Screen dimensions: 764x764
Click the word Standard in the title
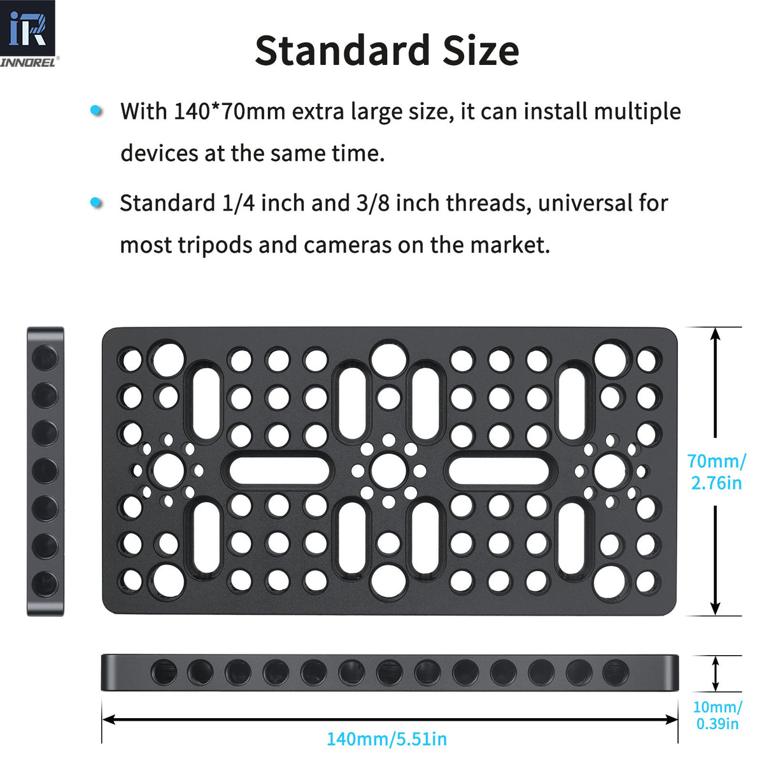(343, 51)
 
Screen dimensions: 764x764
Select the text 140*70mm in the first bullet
(230, 111)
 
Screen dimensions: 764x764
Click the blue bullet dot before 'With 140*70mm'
(96, 110)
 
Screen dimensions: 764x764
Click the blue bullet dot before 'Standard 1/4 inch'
(96, 202)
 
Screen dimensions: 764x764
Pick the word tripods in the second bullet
(215, 246)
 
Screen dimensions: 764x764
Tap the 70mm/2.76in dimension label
(716, 472)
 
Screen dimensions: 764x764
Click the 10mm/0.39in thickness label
(718, 716)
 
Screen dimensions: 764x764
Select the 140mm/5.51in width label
(386, 739)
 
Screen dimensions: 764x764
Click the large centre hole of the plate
(389, 470)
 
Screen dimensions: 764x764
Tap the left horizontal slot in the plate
(279, 470)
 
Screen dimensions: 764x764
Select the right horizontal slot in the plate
(499, 470)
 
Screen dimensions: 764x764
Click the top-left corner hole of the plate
(132, 360)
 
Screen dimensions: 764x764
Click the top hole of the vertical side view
(45, 357)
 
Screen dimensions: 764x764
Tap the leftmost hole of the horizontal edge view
(164, 673)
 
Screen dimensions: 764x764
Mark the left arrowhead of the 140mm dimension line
(108, 719)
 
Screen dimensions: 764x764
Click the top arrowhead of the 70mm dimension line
(715, 334)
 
